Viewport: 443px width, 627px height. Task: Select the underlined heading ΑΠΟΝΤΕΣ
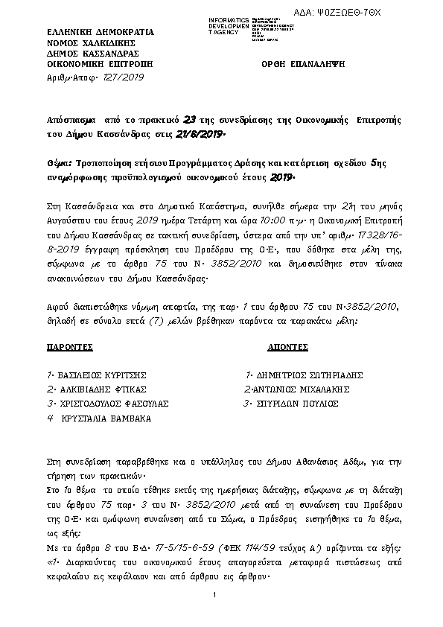tap(288, 348)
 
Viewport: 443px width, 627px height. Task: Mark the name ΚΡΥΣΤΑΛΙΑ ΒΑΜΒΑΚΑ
tap(103, 418)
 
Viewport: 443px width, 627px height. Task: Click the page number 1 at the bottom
tap(214, 593)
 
